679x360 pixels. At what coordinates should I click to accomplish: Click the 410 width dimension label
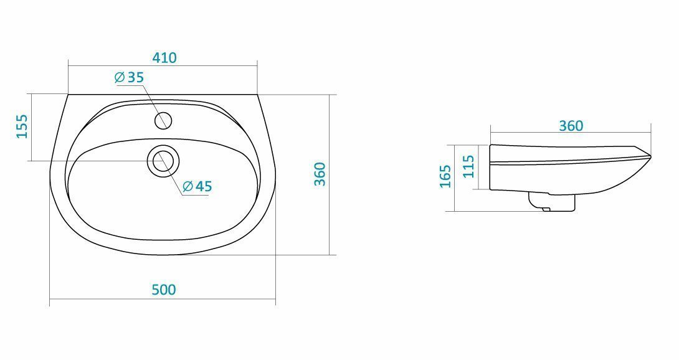pyautogui.click(x=164, y=58)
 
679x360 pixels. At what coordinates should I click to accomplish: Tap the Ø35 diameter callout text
pyautogui.click(x=128, y=78)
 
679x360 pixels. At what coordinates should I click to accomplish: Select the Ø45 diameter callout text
pyautogui.click(x=197, y=186)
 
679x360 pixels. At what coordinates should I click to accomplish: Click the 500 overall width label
pyautogui.click(x=164, y=290)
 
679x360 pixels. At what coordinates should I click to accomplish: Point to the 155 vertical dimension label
pyautogui.click(x=22, y=126)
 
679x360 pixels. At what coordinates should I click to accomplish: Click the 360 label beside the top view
pyautogui.click(x=320, y=174)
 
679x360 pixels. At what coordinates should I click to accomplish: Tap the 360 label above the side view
pyautogui.click(x=571, y=126)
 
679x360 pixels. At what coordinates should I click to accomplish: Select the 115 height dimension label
pyautogui.click(x=468, y=166)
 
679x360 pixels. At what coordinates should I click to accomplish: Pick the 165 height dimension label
pyautogui.click(x=445, y=176)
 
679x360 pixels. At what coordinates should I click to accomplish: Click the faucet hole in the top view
pyautogui.click(x=163, y=120)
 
